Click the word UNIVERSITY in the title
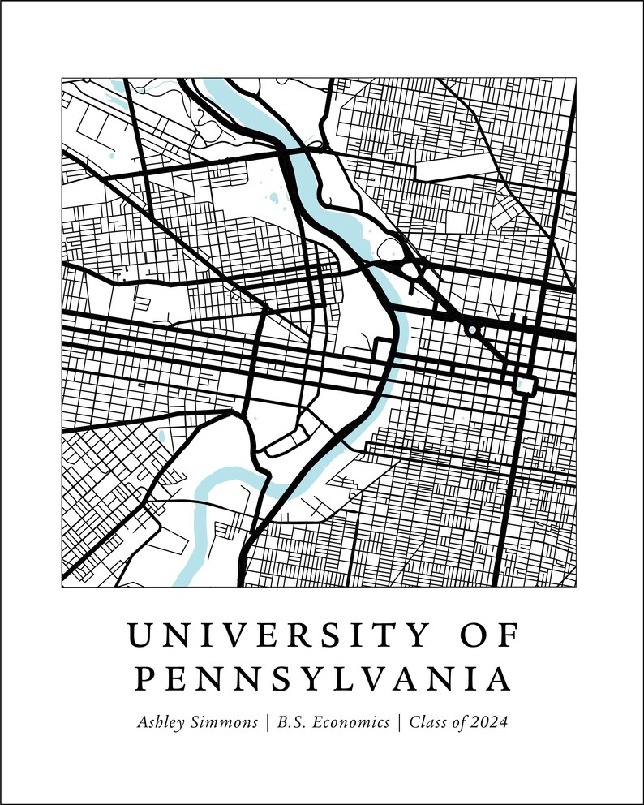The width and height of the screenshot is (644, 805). click(271, 635)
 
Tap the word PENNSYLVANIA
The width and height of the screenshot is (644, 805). click(322, 679)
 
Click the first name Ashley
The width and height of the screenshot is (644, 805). click(165, 723)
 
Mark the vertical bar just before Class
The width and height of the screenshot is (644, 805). click(399, 723)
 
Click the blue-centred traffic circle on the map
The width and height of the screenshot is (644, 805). click(471, 330)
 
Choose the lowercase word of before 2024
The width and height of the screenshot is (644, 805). click(461, 723)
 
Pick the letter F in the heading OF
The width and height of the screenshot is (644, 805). click(508, 635)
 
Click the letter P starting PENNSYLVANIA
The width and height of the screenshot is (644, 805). click(143, 679)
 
